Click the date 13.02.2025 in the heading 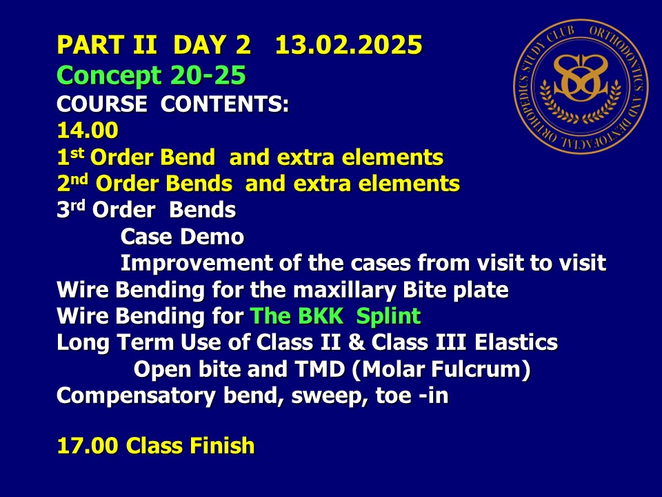(x=349, y=45)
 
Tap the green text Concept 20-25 (x=151, y=76)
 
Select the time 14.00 (x=88, y=130)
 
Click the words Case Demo (x=182, y=237)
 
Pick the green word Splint (x=388, y=317)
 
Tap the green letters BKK (x=321, y=315)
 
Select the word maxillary (x=344, y=291)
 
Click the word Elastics (x=516, y=342)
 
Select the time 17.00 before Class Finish (x=88, y=445)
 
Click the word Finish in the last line (x=222, y=445)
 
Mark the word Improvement (x=197, y=264)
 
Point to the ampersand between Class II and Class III (x=357, y=342)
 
